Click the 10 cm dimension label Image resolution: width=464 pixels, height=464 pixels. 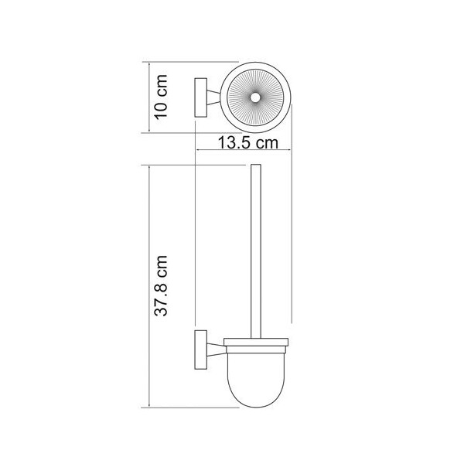pyautogui.click(x=162, y=97)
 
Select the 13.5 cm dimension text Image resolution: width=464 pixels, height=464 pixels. pyautogui.click(x=248, y=142)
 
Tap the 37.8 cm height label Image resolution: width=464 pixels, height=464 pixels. pyautogui.click(x=162, y=285)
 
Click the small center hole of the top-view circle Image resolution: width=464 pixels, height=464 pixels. pyautogui.click(x=254, y=97)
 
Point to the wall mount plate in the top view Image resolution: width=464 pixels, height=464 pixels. pyautogui.click(x=200, y=97)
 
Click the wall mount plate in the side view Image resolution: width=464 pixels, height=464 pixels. pyautogui.click(x=200, y=350)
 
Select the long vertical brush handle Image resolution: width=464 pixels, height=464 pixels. pyautogui.click(x=256, y=251)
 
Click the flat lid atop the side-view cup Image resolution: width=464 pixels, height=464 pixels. pyautogui.click(x=256, y=342)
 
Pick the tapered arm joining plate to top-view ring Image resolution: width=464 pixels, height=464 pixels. pyautogui.click(x=214, y=97)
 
